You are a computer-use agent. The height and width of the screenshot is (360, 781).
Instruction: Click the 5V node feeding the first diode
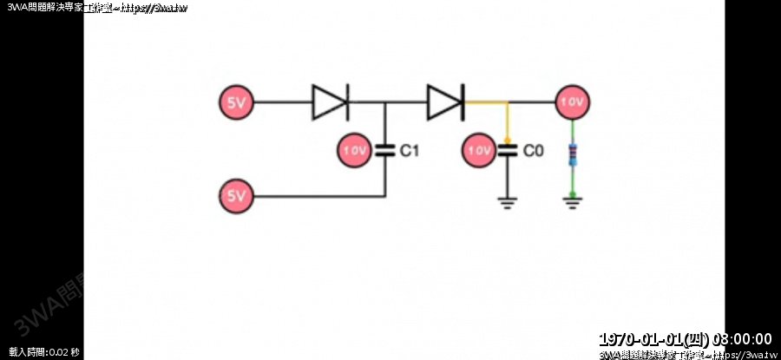[235, 102]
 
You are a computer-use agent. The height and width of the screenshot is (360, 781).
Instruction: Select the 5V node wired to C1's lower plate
[235, 196]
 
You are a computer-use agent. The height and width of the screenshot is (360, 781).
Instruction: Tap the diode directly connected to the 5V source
[330, 102]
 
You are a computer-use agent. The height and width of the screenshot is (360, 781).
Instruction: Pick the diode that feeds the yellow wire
[445, 102]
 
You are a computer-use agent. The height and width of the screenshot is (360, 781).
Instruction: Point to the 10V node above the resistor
[572, 102]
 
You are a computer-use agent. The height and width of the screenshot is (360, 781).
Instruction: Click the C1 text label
[410, 151]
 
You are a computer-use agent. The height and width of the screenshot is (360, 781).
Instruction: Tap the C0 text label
[533, 151]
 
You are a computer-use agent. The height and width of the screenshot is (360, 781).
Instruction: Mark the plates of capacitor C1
[384, 150]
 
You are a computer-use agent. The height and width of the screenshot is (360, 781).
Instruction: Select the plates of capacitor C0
[507, 150]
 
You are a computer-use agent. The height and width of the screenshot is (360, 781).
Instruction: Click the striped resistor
[572, 156]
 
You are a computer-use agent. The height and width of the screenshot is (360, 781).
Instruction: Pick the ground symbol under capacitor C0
[507, 205]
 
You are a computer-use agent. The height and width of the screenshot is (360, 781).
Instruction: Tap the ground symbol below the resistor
[572, 205]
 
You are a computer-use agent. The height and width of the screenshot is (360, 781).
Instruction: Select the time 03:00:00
[741, 338]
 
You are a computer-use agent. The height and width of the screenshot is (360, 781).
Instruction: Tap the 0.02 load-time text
[58, 352]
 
